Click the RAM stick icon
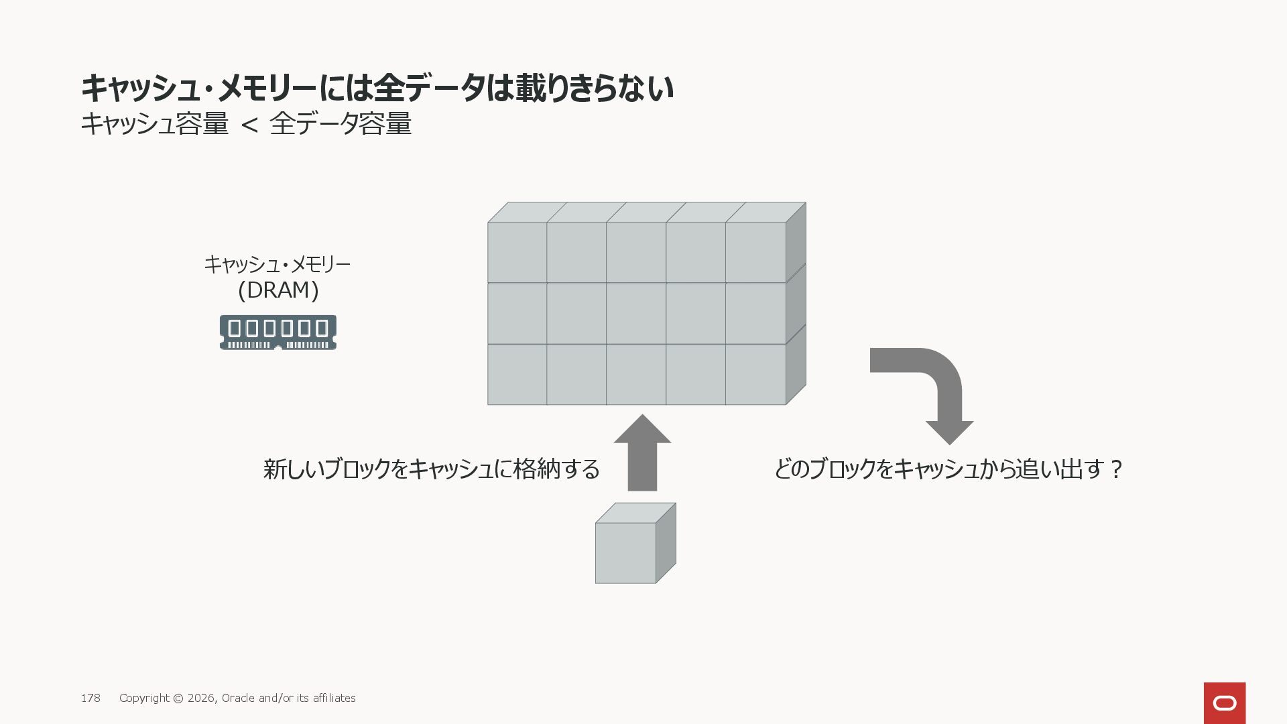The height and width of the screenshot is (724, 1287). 278,333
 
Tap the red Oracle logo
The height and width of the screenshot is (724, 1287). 1224,703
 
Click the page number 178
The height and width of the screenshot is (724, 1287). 90,698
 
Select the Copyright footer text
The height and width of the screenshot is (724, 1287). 237,698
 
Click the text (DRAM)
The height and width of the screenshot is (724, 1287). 278,290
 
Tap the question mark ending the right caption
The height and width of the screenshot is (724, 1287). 1116,469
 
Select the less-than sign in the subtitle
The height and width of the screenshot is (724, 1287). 249,125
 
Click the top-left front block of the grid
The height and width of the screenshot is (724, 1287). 517,252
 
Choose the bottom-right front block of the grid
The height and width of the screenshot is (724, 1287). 755,375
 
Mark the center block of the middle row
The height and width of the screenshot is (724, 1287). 636,314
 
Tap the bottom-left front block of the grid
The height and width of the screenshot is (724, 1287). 517,375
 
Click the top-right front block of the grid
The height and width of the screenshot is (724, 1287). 755,252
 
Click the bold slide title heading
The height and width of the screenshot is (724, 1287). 377,88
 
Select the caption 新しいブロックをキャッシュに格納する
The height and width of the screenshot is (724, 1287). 431,469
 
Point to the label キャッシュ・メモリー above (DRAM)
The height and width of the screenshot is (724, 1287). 277,265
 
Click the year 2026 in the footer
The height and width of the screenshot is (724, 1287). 201,698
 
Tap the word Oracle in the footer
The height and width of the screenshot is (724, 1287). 238,698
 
